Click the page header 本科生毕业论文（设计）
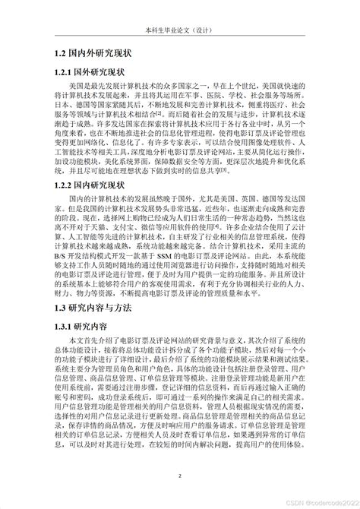point(180,32)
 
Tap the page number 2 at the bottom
point(180,476)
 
